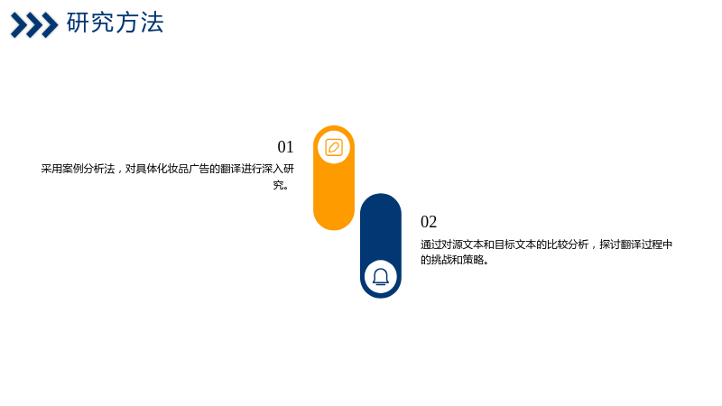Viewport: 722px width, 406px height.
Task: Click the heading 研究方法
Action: click(116, 23)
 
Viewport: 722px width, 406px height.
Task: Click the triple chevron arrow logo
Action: click(34, 25)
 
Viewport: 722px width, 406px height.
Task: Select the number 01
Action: click(285, 147)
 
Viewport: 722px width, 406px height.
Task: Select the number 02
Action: click(429, 222)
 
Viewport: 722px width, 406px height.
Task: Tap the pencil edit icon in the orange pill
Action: click(334, 147)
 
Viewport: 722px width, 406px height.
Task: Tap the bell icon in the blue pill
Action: click(381, 277)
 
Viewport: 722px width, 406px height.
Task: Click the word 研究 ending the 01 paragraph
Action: click(283, 177)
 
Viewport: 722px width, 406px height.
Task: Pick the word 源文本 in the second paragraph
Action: click(467, 245)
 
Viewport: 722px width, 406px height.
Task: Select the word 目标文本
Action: click(514, 245)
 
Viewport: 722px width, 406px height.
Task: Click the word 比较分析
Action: click(568, 245)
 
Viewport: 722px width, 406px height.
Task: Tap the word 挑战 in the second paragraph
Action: click(441, 260)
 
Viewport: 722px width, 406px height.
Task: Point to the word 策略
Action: click(473, 260)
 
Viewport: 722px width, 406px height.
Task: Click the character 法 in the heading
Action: click(153, 23)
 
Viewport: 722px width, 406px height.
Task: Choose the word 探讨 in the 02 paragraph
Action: click(610, 245)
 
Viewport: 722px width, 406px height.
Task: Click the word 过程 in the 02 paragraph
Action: click(652, 245)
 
